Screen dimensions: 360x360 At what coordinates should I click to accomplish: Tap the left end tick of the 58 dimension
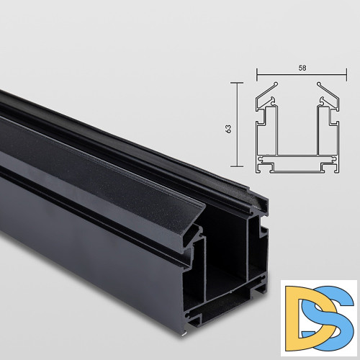[x=256, y=73]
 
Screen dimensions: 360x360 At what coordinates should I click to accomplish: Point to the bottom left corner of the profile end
[x=186, y=334]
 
